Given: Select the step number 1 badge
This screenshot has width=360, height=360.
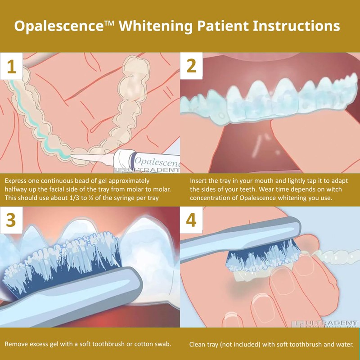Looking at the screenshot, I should [x=12, y=67].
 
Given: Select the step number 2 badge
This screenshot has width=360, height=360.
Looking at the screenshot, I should [x=192, y=67].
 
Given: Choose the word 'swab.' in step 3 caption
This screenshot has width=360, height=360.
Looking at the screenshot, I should [x=162, y=344].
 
